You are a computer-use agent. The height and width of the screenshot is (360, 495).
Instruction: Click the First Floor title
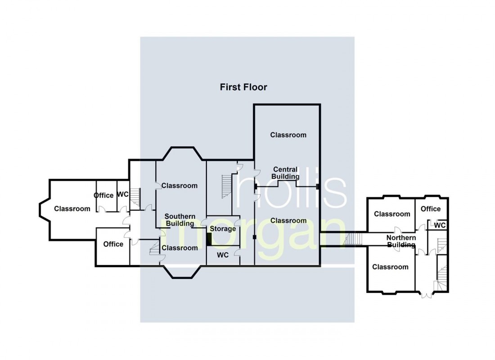(243, 87)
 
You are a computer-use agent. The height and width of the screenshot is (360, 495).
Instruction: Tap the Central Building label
(285, 173)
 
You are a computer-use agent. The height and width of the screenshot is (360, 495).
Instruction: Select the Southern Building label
(180, 220)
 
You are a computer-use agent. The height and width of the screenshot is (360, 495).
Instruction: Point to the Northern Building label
(401, 241)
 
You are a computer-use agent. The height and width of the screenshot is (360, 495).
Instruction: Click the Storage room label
(223, 229)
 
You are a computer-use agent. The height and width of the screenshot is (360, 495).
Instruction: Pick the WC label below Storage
(223, 255)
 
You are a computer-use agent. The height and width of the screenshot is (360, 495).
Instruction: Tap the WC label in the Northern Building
(440, 225)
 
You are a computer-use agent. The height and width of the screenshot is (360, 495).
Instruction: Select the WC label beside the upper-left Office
(123, 195)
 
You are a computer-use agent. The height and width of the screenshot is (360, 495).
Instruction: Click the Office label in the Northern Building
(431, 209)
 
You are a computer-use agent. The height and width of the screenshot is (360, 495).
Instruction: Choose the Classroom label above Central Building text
(288, 135)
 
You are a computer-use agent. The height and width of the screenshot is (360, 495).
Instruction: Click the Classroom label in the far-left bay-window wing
(72, 208)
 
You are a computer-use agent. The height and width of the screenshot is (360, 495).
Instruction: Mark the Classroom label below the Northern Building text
(390, 267)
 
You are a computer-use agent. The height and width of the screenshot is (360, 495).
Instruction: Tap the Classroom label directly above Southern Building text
(179, 185)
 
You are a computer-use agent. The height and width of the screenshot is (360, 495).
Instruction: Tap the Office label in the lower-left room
(113, 244)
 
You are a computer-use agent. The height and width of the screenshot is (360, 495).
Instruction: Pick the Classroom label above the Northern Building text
(392, 214)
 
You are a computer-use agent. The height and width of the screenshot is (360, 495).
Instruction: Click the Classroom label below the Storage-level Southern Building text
(180, 247)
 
